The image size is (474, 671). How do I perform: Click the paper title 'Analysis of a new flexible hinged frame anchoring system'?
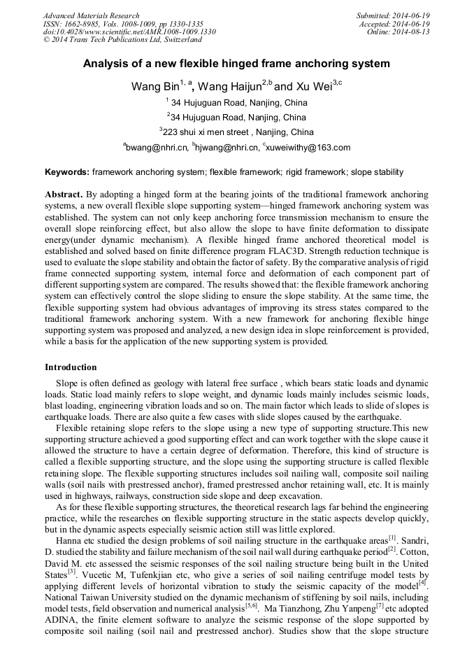236,64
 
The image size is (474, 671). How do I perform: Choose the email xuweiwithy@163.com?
308,148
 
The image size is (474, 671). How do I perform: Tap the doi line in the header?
129,32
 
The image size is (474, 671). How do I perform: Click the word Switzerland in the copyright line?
179,41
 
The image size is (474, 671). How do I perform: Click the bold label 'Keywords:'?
67,172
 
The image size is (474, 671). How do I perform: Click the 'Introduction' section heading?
71,367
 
